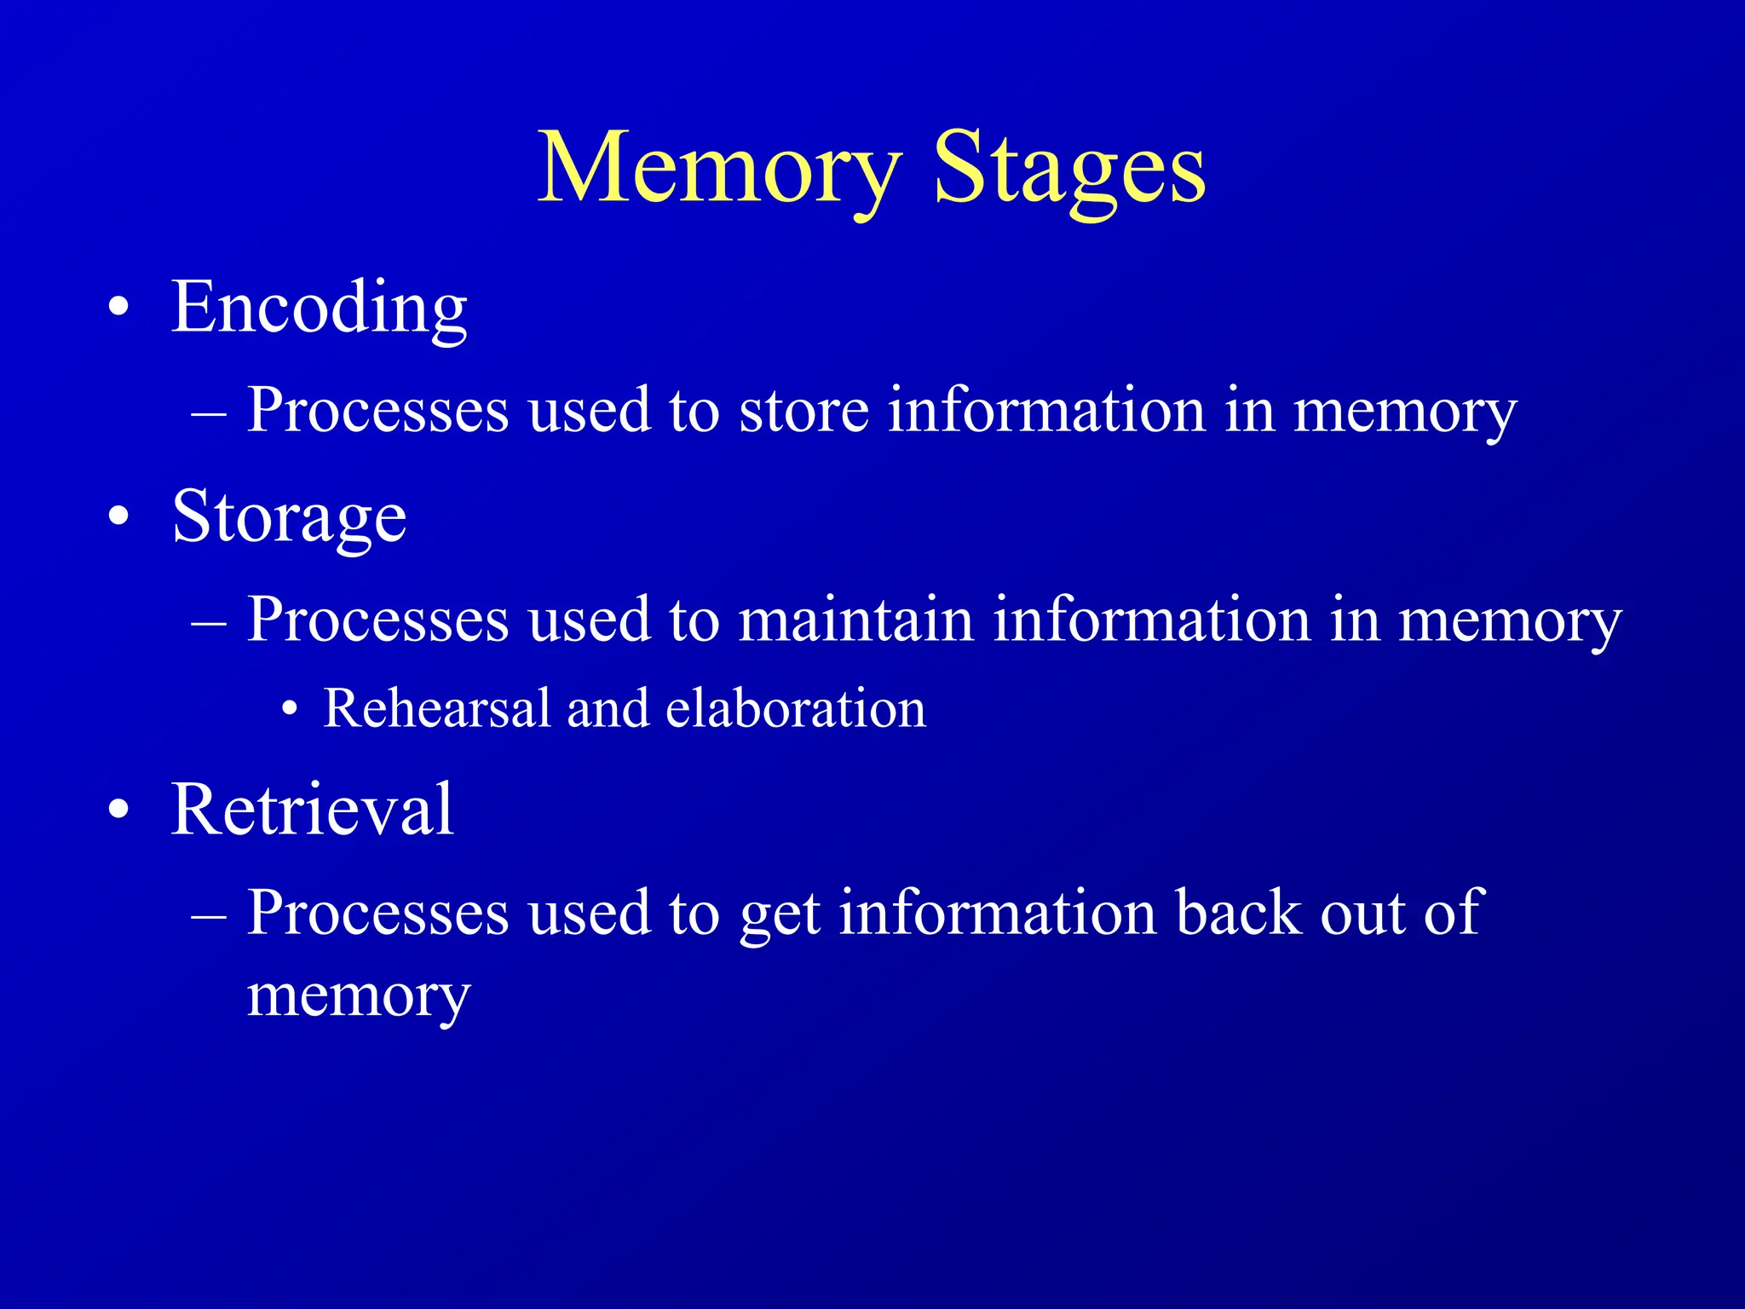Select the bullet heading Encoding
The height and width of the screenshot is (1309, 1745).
[x=320, y=308]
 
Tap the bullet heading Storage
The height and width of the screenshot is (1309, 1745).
[x=289, y=517]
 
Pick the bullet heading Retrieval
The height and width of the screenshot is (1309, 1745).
[x=312, y=809]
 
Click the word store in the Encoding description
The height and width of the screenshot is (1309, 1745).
[x=803, y=410]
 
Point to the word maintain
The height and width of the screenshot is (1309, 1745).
[x=855, y=619]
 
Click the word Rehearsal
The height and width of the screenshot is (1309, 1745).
[x=437, y=708]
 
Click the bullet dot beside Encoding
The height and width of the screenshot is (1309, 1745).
[x=119, y=309]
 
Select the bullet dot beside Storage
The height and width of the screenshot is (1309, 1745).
[x=119, y=517]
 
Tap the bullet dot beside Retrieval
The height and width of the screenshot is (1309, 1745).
[x=119, y=810]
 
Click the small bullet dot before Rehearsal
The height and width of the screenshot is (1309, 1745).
[x=291, y=709]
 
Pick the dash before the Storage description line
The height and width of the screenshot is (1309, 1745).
[x=209, y=620]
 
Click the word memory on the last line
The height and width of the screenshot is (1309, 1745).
[x=359, y=995]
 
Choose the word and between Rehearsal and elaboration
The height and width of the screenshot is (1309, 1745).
[x=608, y=708]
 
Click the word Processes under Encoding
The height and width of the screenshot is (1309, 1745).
[x=377, y=410]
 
